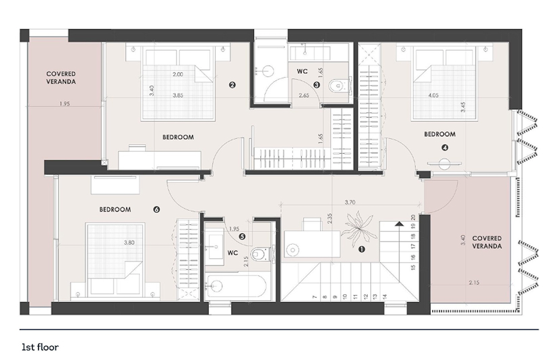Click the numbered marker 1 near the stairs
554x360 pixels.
(x=362, y=249)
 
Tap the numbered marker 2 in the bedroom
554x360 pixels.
(x=232, y=85)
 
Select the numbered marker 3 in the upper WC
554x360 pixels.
(x=317, y=85)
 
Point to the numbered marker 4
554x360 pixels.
(x=445, y=148)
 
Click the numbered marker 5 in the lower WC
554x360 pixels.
(x=242, y=236)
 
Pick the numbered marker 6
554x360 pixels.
(x=156, y=210)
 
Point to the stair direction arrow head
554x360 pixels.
(x=399, y=224)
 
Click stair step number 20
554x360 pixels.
(x=413, y=217)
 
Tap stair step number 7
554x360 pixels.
(x=315, y=297)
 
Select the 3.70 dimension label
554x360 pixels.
(x=350, y=202)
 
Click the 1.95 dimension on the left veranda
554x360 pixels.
(x=64, y=104)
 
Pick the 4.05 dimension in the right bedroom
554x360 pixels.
(x=433, y=96)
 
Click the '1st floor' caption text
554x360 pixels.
(x=40, y=348)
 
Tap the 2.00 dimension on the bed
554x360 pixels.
(x=178, y=74)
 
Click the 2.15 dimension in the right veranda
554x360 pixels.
(x=474, y=283)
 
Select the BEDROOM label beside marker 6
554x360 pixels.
(x=115, y=210)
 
